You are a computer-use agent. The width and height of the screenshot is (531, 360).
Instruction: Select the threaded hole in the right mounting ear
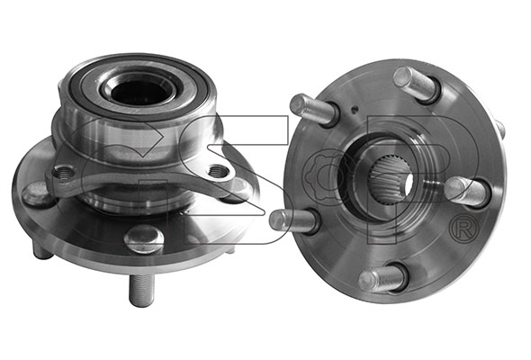click(218, 170)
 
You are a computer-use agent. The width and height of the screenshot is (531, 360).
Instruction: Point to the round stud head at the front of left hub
click(144, 238)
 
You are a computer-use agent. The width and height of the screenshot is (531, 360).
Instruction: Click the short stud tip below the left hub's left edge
click(42, 251)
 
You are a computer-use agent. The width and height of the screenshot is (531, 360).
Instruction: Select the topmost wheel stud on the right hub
click(417, 84)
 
